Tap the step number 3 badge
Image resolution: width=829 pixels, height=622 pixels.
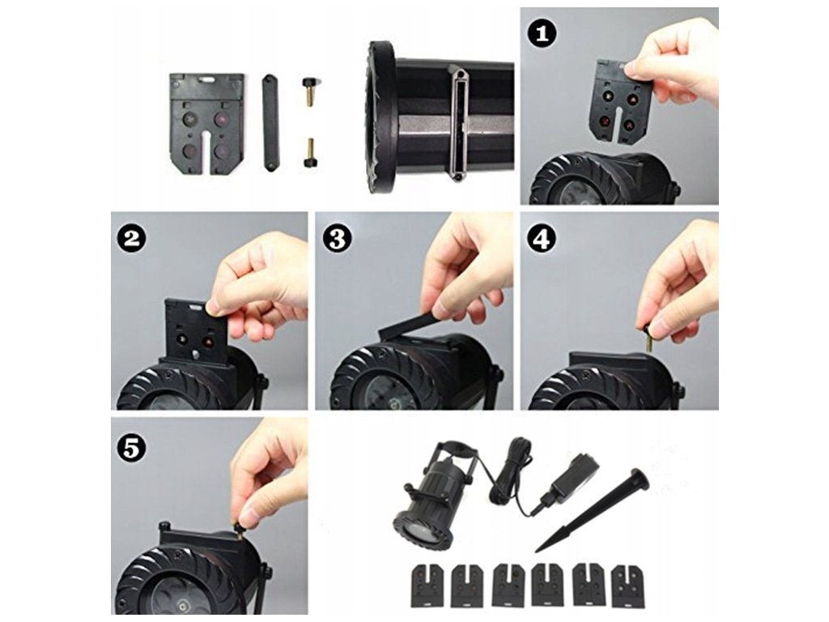coord(337,239)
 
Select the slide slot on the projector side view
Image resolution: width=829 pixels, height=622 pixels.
coord(458,123)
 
